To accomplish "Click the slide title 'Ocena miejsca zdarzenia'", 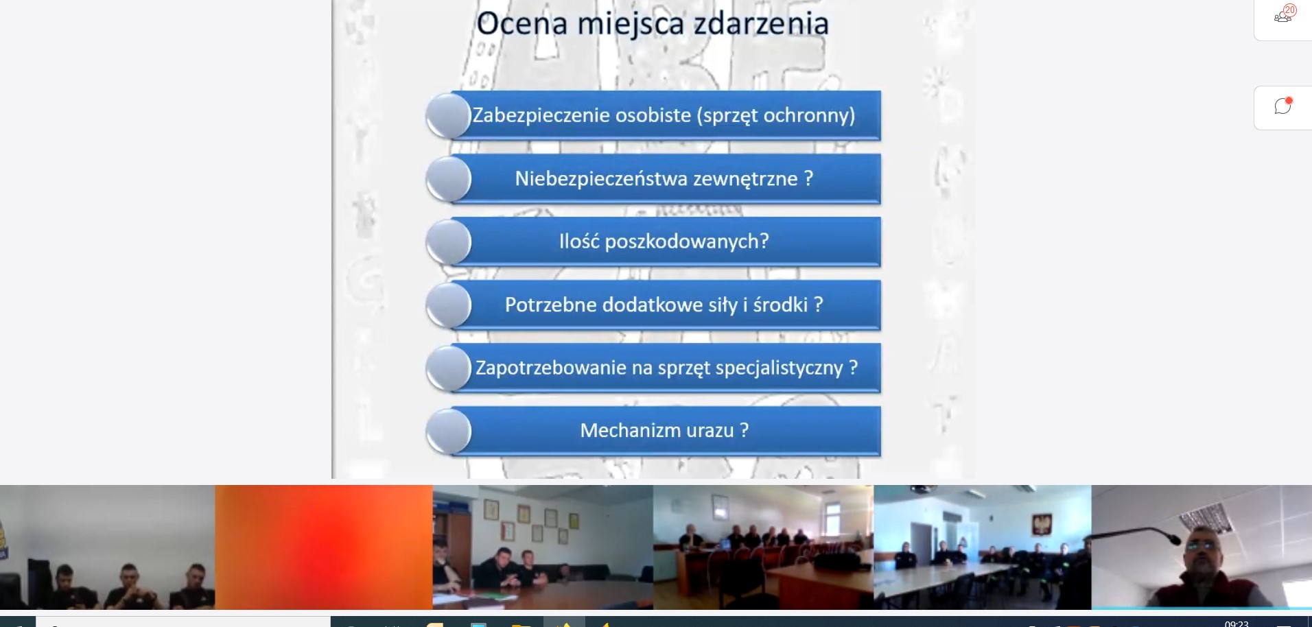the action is (653, 23).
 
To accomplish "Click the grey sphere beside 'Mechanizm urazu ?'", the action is (449, 431).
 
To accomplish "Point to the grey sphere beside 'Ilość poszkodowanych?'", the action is (449, 242).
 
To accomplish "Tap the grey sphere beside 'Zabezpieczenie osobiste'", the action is (449, 116).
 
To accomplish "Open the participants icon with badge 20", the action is (1283, 15).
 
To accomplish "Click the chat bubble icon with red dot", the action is (1282, 106).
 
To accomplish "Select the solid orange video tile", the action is (324, 547).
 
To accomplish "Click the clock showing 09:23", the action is (1237, 624).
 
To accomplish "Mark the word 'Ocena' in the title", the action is (522, 23).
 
